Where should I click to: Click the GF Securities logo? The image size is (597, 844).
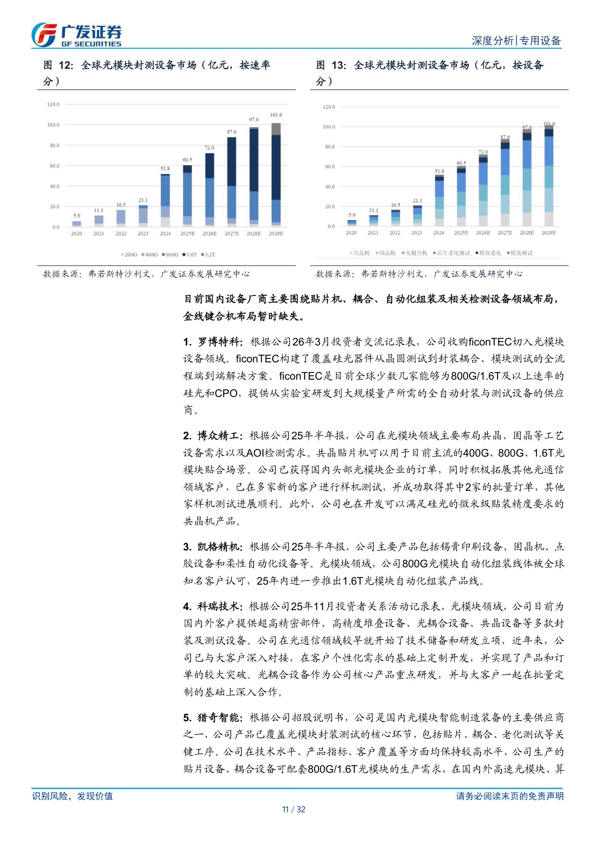(76, 35)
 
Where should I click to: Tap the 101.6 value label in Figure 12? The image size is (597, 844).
(276, 115)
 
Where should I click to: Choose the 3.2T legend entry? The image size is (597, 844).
(208, 255)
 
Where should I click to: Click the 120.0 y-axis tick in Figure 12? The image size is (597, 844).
(53, 104)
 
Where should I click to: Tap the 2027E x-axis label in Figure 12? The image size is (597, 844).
(231, 234)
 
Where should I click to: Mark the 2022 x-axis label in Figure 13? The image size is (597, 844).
(394, 233)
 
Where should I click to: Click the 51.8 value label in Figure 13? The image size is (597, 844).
(439, 171)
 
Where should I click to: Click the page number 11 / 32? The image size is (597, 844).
(293, 809)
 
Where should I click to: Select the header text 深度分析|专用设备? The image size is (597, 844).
(516, 41)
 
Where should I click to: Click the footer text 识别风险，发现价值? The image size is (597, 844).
(73, 796)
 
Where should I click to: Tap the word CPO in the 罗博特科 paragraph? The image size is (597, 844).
(226, 394)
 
